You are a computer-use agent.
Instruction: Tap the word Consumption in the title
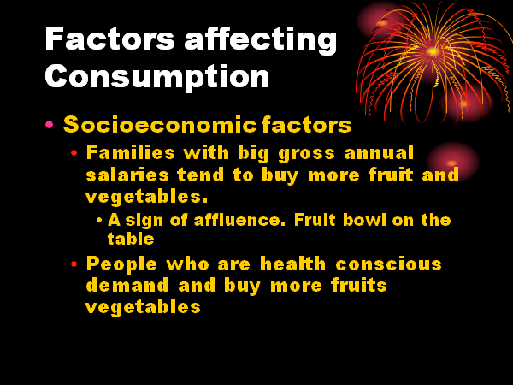pyautogui.click(x=157, y=76)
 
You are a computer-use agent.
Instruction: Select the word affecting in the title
pyautogui.click(x=261, y=40)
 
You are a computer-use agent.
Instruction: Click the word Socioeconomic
pyautogui.click(x=160, y=125)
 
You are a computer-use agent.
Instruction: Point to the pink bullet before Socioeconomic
pyautogui.click(x=49, y=124)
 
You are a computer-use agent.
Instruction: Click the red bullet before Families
pyautogui.click(x=74, y=152)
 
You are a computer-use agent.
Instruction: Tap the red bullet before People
pyautogui.click(x=74, y=264)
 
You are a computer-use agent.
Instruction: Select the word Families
pyautogui.click(x=130, y=152)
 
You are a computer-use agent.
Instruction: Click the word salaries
pyautogui.click(x=127, y=175)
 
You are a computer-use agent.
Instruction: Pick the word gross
pyautogui.click(x=307, y=155)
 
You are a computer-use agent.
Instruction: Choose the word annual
pyautogui.click(x=379, y=153)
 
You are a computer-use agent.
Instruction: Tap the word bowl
pyautogui.click(x=364, y=220)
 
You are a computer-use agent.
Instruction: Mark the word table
pyautogui.click(x=131, y=239)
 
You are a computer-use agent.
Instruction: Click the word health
pyautogui.click(x=292, y=264)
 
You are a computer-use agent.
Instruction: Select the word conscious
pyautogui.click(x=389, y=264)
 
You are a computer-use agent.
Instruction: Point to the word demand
pyautogui.click(x=127, y=285)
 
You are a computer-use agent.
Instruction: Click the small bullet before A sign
pyautogui.click(x=99, y=220)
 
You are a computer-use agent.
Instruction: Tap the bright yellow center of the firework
pyautogui.click(x=433, y=51)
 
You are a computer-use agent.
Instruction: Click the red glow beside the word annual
pyautogui.click(x=453, y=163)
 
